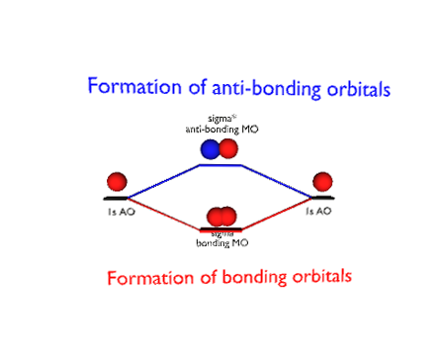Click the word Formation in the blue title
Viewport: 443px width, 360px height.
point(126,85)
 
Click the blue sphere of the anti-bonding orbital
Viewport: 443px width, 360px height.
point(211,149)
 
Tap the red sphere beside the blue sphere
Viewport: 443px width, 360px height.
point(228,149)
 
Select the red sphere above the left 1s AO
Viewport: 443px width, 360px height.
point(118,182)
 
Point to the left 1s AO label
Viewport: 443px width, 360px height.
point(120,212)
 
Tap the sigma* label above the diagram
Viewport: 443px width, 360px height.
point(220,120)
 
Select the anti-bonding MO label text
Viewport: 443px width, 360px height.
point(220,130)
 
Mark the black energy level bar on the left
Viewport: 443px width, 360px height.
point(118,198)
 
